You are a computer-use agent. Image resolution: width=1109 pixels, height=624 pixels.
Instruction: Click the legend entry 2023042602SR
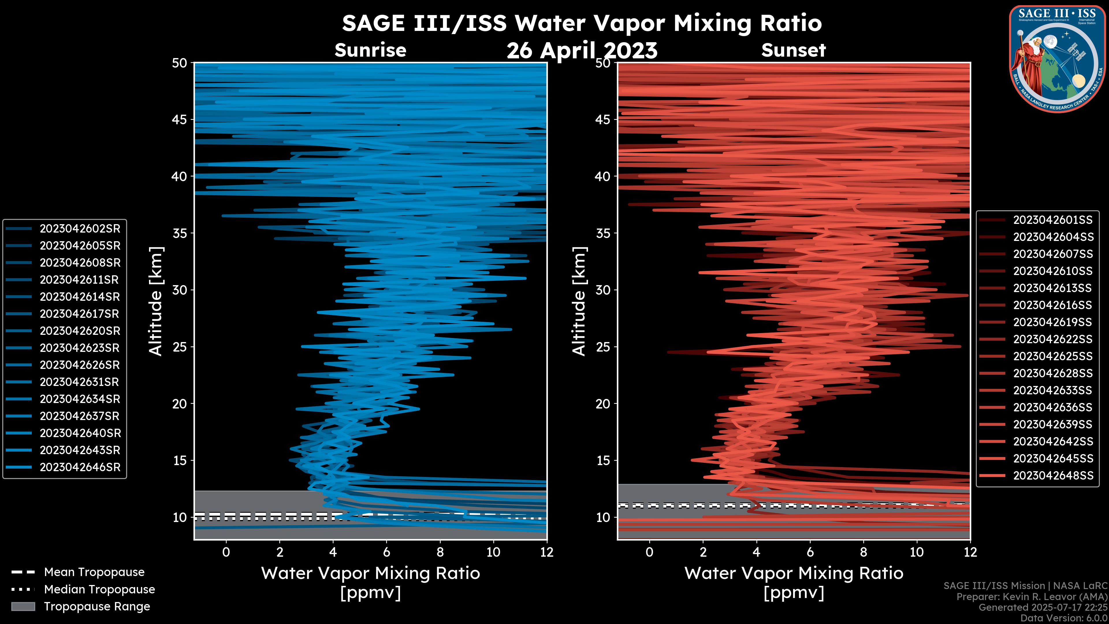80,229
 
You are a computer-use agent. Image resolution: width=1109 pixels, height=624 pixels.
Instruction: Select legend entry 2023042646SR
80,467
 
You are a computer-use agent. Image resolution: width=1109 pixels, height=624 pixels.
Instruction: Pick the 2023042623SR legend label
80,348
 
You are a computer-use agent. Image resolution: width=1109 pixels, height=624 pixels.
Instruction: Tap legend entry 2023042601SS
1053,220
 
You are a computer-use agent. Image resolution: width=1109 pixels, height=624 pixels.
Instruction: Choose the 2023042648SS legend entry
1053,476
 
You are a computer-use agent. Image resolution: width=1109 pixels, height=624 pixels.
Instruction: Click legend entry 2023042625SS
1053,356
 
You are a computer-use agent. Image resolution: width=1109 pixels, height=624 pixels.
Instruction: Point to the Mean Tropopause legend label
94,572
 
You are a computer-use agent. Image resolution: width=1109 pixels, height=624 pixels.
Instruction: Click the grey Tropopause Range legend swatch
23,606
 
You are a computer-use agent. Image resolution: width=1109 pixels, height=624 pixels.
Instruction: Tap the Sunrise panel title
370,50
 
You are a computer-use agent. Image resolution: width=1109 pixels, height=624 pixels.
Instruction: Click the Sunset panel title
793,50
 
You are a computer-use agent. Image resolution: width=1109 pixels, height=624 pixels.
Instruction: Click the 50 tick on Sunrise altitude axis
180,63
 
